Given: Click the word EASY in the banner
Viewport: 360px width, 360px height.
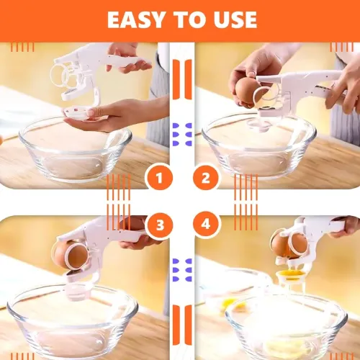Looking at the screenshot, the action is coord(136,19).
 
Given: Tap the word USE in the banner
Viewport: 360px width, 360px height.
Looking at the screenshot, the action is coord(235,19).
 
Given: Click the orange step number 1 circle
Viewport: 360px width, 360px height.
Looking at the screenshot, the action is coord(159,178).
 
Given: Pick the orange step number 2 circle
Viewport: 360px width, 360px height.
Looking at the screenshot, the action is coord(206,178).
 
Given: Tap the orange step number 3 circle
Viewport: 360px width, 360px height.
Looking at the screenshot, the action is coord(159,225).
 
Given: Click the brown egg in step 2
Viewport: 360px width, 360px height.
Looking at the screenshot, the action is coord(247,90).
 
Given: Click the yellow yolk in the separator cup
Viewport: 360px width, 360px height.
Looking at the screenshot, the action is coord(290,274).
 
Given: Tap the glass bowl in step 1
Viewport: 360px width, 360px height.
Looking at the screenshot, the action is coord(75,149).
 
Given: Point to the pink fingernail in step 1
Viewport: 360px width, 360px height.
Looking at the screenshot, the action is coord(91,112).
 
